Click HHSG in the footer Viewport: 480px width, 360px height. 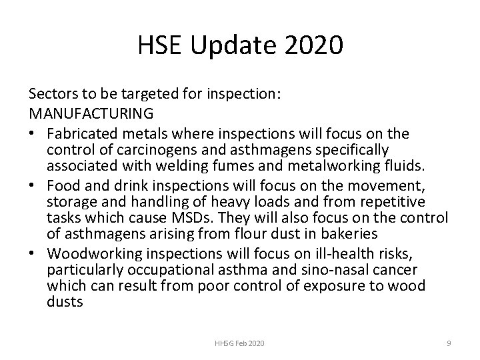223,343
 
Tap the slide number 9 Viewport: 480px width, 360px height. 449,343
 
